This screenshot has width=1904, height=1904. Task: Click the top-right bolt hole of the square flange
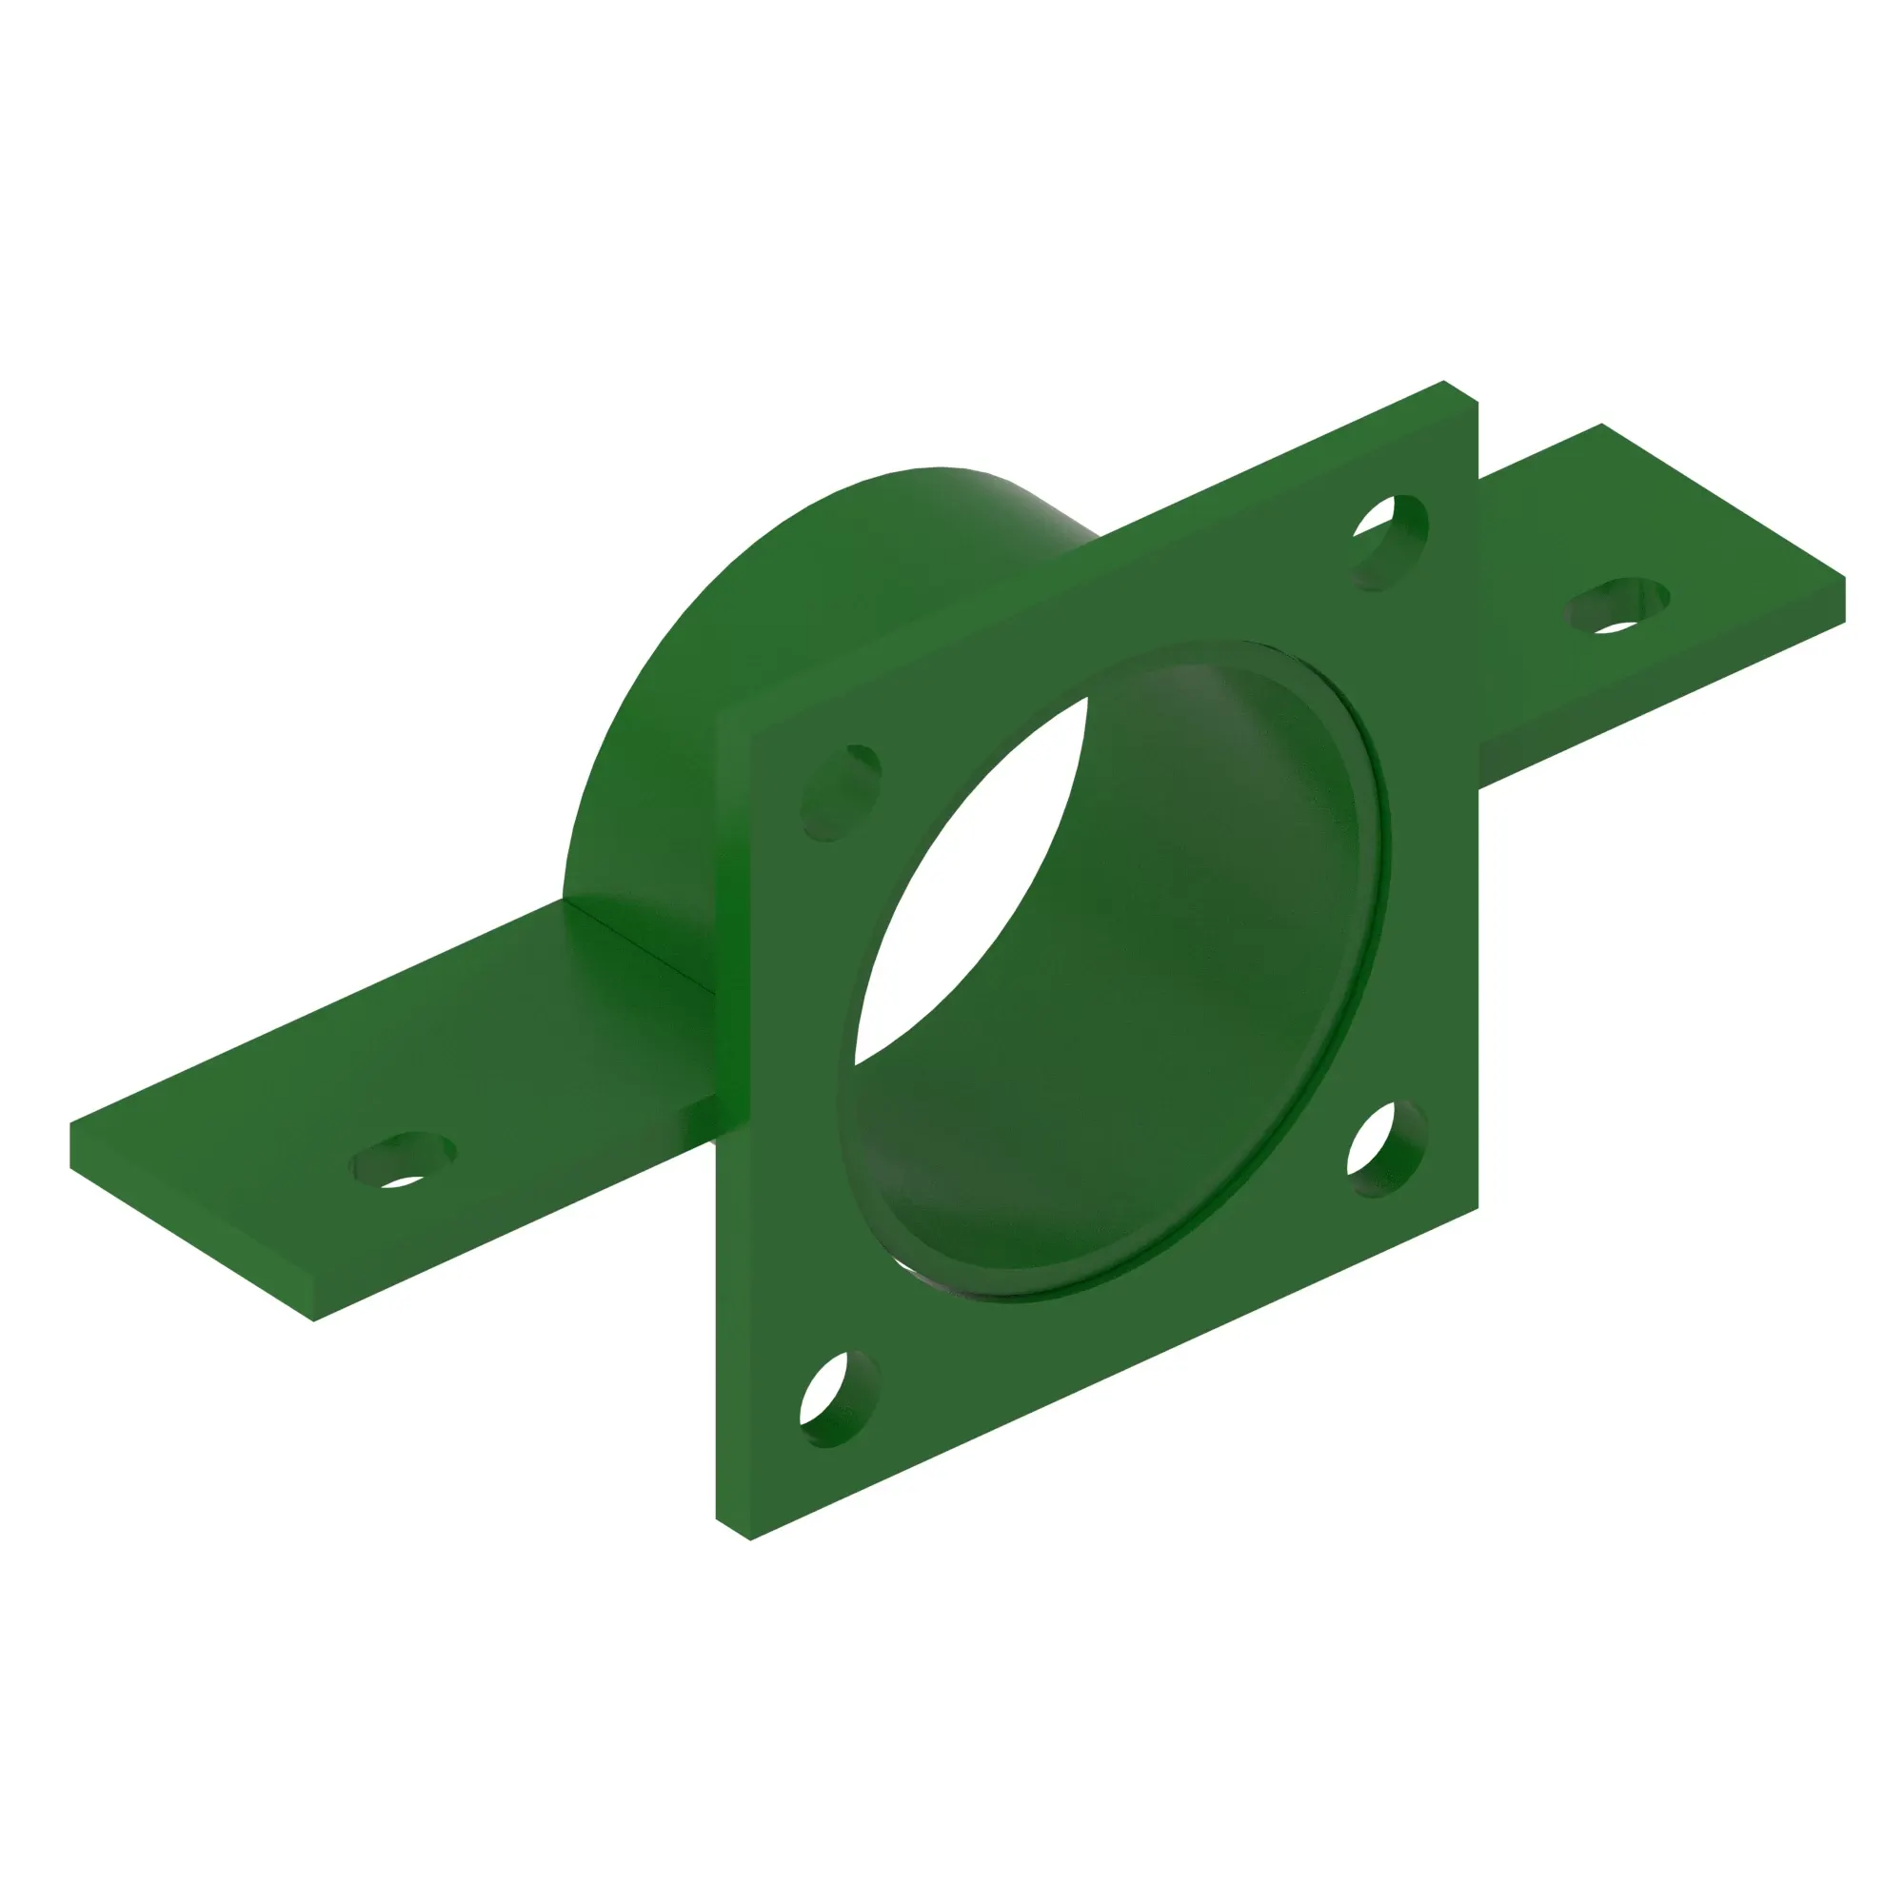pos(1390,543)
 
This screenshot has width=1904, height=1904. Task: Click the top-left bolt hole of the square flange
pos(841,792)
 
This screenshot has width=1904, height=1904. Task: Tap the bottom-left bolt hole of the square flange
pos(839,1399)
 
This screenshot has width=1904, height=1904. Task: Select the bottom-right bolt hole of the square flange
pos(1387,1150)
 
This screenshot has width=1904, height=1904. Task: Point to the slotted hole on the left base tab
pos(403,1160)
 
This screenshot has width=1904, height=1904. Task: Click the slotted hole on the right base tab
pos(1617,605)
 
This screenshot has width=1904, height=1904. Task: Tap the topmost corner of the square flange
pos(1444,382)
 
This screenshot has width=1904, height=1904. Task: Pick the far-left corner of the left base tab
pos(71,1123)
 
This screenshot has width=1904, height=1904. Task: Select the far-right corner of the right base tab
pos(1844,580)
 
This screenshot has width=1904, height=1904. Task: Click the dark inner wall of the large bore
pos(1182,936)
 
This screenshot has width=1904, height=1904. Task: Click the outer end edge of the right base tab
pos(1845,601)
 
